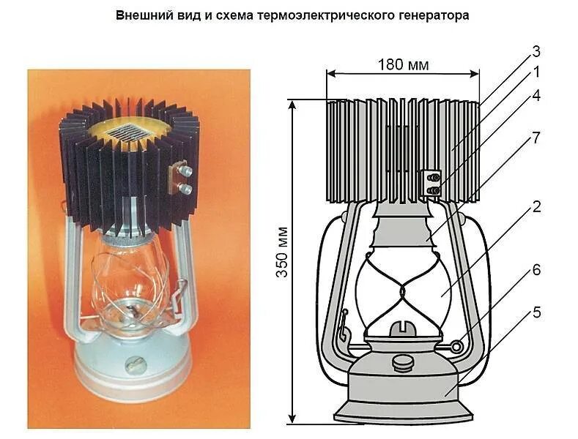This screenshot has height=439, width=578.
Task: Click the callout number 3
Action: pos(536,51)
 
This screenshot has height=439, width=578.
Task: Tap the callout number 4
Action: pos(536,95)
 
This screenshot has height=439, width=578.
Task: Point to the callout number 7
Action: pos(536,138)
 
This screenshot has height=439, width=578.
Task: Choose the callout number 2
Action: pos(536,206)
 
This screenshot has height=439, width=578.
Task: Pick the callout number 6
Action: pos(536,270)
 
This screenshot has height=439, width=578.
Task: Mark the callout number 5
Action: pos(536,312)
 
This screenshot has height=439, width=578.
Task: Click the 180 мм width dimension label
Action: pos(402,64)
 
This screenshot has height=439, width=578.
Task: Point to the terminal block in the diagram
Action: pos(431,183)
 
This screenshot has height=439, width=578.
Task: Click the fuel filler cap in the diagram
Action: pos(401,362)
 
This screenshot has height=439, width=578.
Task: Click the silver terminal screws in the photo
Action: pos(185,179)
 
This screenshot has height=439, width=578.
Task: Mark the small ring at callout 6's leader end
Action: pos(458,345)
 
